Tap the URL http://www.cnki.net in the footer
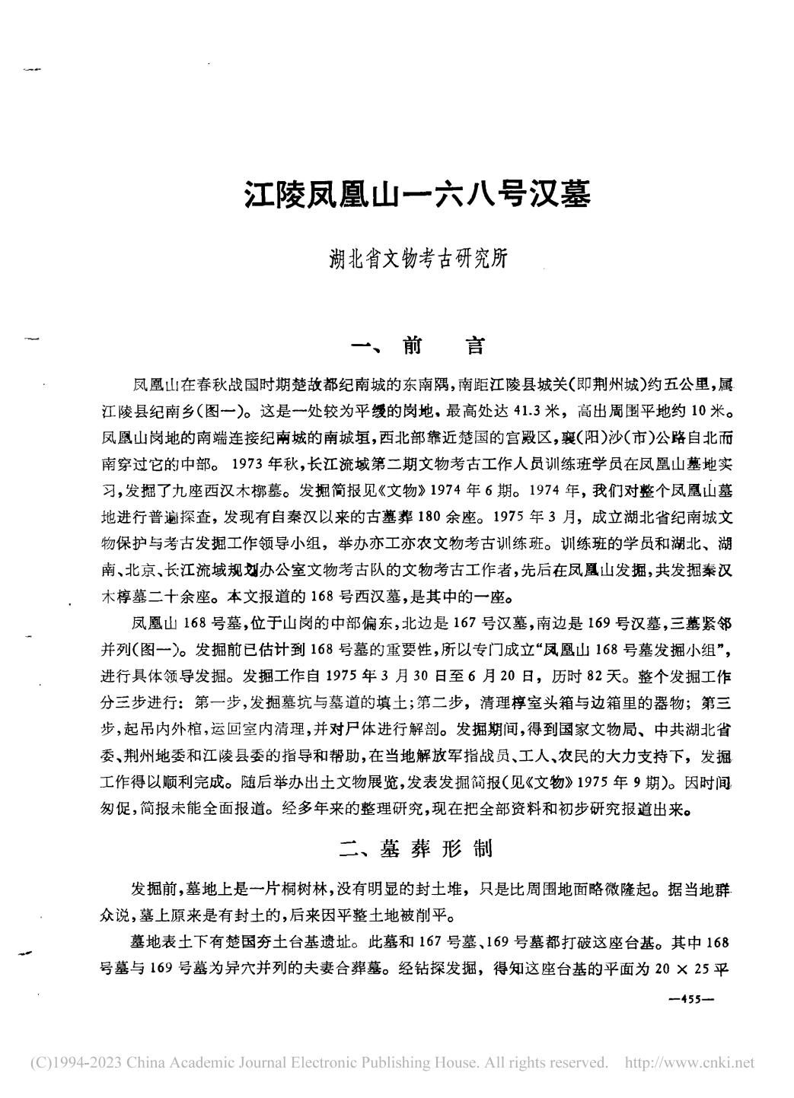(689, 1062)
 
